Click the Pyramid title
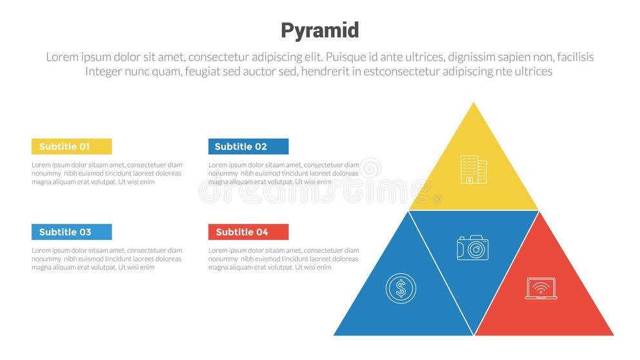[x=319, y=30]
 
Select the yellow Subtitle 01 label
[x=72, y=146]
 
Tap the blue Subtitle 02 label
[x=248, y=146]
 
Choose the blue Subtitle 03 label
[x=72, y=232]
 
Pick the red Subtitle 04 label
[x=248, y=232]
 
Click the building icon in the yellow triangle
[x=474, y=170]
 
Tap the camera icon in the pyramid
[x=473, y=248]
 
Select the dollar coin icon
[x=401, y=288]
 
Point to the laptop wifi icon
[x=541, y=288]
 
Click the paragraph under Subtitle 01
[x=106, y=174]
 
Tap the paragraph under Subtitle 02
[x=283, y=174]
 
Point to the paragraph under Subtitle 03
[x=106, y=259]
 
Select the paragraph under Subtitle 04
[x=283, y=259]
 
